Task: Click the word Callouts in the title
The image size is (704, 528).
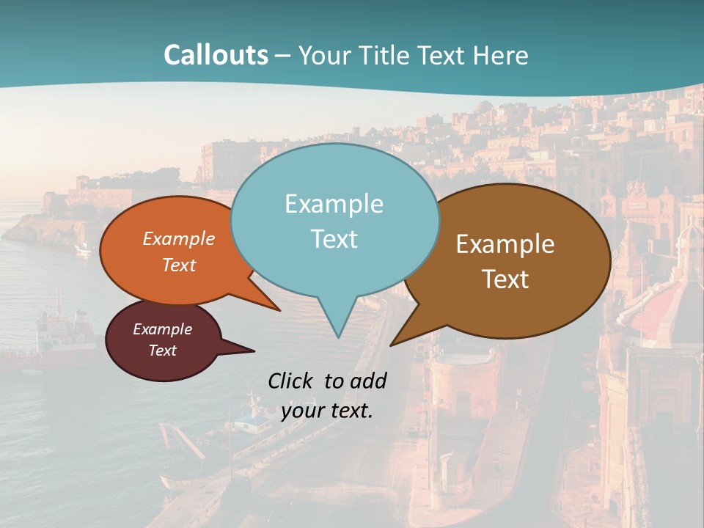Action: tap(216, 56)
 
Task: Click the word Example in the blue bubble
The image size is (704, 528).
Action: tap(334, 204)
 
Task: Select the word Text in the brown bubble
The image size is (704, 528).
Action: tap(505, 279)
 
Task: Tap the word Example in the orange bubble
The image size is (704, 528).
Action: tap(179, 239)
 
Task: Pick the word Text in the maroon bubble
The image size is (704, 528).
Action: tap(163, 351)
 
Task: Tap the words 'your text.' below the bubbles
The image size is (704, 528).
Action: tap(327, 411)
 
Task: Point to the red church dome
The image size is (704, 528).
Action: tap(660, 301)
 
